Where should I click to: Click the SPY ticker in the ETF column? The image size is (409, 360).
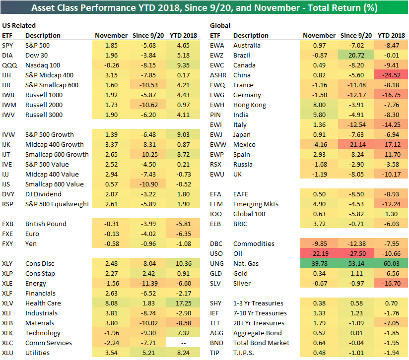[7, 46]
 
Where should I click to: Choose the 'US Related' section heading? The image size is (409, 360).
[19, 26]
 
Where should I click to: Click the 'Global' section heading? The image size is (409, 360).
[220, 26]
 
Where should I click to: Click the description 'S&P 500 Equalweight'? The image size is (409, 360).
[57, 204]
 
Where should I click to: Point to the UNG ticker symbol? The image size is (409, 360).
[217, 264]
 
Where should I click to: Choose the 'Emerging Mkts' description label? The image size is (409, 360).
[256, 204]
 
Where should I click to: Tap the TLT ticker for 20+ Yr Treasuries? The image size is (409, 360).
[215, 323]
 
